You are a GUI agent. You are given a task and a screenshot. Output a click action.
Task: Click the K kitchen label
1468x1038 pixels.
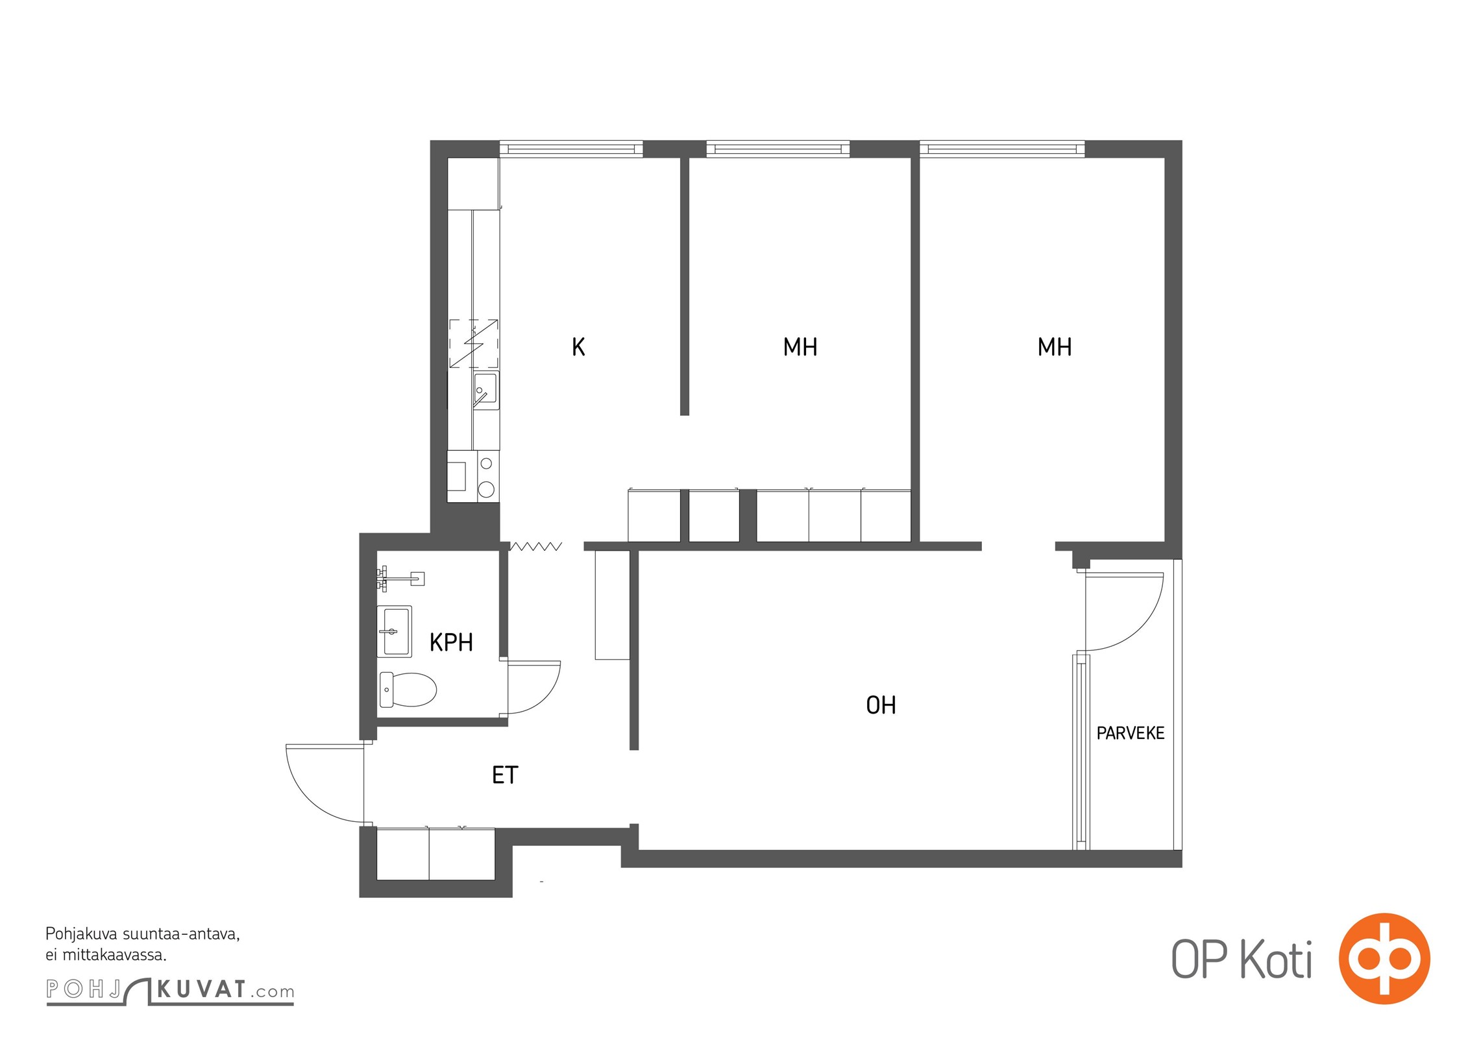point(578,347)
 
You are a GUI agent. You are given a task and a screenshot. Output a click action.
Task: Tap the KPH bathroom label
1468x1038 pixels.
point(451,642)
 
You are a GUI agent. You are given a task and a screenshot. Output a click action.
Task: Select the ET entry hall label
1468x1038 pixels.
point(505,775)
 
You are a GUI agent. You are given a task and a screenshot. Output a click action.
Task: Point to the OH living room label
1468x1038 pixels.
point(881,705)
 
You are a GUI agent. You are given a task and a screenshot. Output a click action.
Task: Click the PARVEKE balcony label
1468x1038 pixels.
point(1131,733)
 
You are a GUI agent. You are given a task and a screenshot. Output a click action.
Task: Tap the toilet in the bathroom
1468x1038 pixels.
point(408,690)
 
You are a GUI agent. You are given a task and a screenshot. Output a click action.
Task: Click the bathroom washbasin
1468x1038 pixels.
point(395,631)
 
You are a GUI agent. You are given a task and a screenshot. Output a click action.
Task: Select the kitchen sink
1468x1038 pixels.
point(485,391)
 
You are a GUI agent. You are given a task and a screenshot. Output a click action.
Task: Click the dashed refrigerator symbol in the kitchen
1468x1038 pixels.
point(474,343)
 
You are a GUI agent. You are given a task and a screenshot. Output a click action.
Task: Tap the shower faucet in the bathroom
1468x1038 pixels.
point(400,577)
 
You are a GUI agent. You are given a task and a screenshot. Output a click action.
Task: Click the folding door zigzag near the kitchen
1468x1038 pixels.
point(535,547)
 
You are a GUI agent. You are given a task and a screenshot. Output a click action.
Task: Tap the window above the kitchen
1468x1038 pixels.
point(571,149)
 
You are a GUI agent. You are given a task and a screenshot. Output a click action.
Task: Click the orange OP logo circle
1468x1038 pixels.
point(1384,959)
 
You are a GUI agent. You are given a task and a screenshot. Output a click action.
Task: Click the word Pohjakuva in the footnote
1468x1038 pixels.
point(80,935)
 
